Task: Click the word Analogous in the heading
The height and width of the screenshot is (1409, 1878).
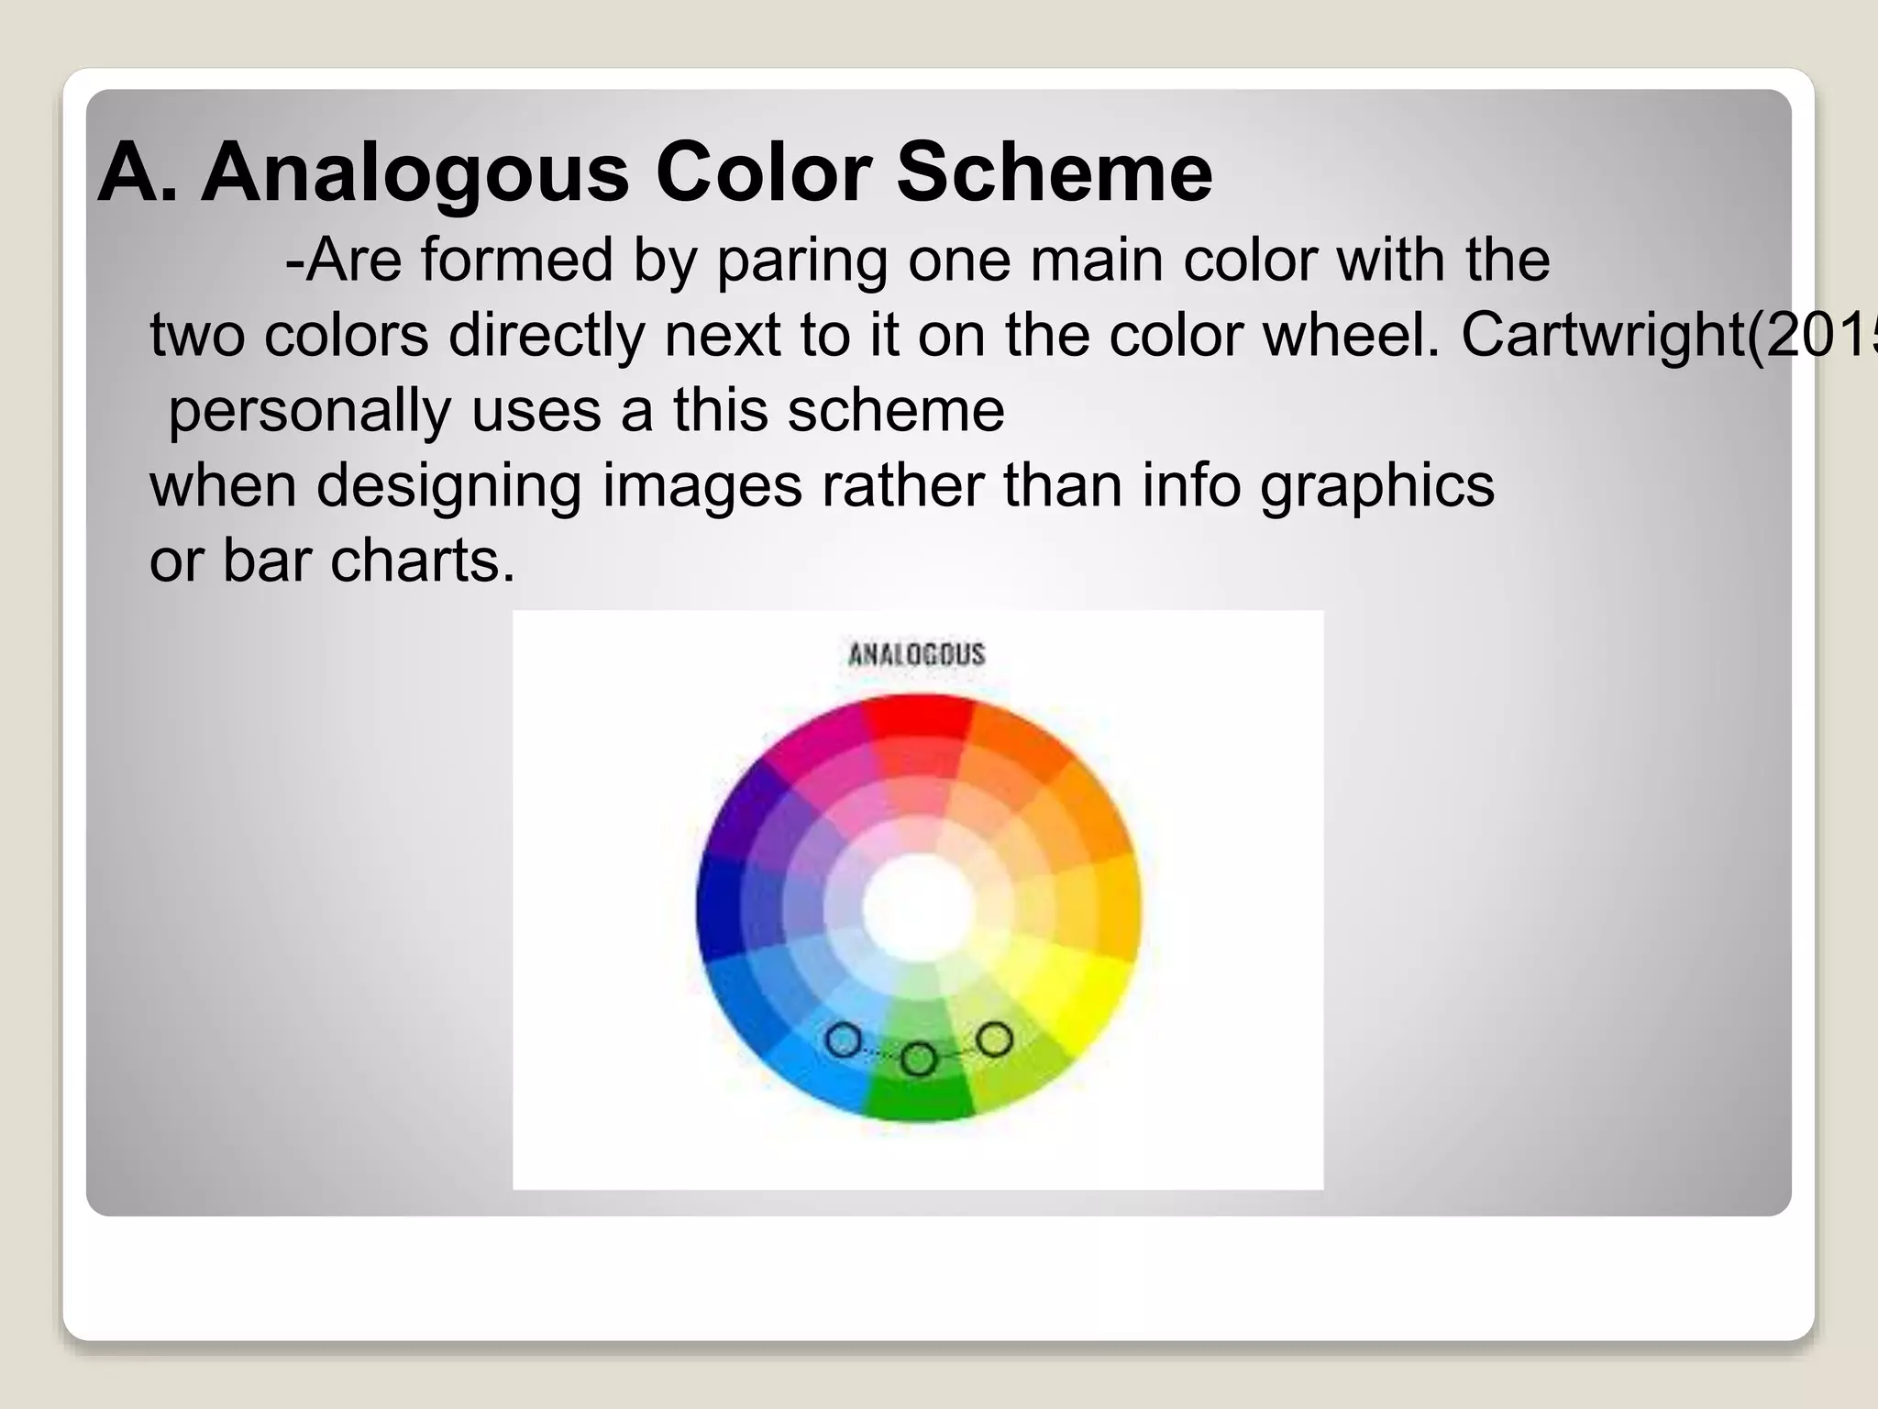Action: (x=414, y=174)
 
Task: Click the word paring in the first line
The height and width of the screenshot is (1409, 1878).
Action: (x=801, y=261)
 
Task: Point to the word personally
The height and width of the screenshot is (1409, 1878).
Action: (x=310, y=411)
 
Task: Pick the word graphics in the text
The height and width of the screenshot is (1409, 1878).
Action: (x=1377, y=486)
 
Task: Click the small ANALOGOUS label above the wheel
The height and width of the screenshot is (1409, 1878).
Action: (x=916, y=654)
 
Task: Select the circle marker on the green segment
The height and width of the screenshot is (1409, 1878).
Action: (x=919, y=1059)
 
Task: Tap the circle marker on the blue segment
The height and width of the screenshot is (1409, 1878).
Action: (x=844, y=1040)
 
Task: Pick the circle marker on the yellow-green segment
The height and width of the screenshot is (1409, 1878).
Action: (x=994, y=1039)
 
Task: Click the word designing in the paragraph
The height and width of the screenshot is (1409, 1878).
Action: (x=448, y=486)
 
